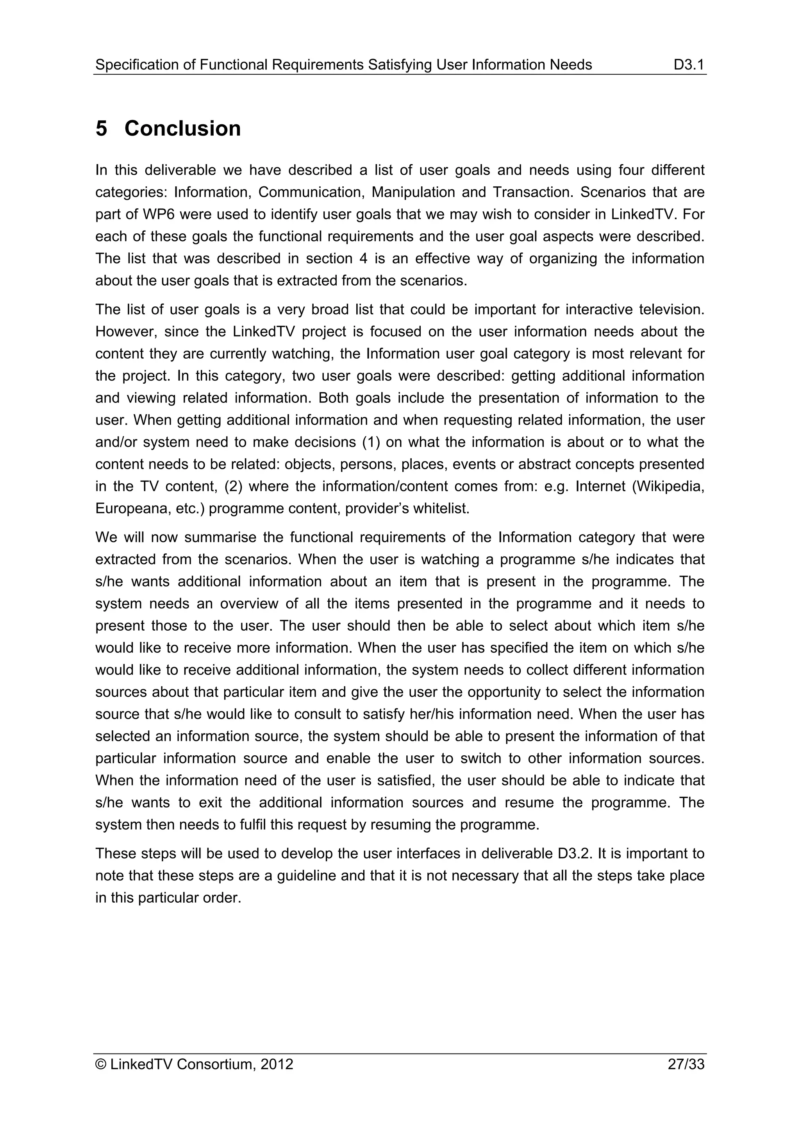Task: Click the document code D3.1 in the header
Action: click(689, 64)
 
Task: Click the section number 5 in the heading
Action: click(101, 129)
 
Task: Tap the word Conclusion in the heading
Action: click(182, 129)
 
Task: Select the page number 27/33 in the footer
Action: click(686, 1064)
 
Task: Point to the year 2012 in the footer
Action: click(277, 1064)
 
